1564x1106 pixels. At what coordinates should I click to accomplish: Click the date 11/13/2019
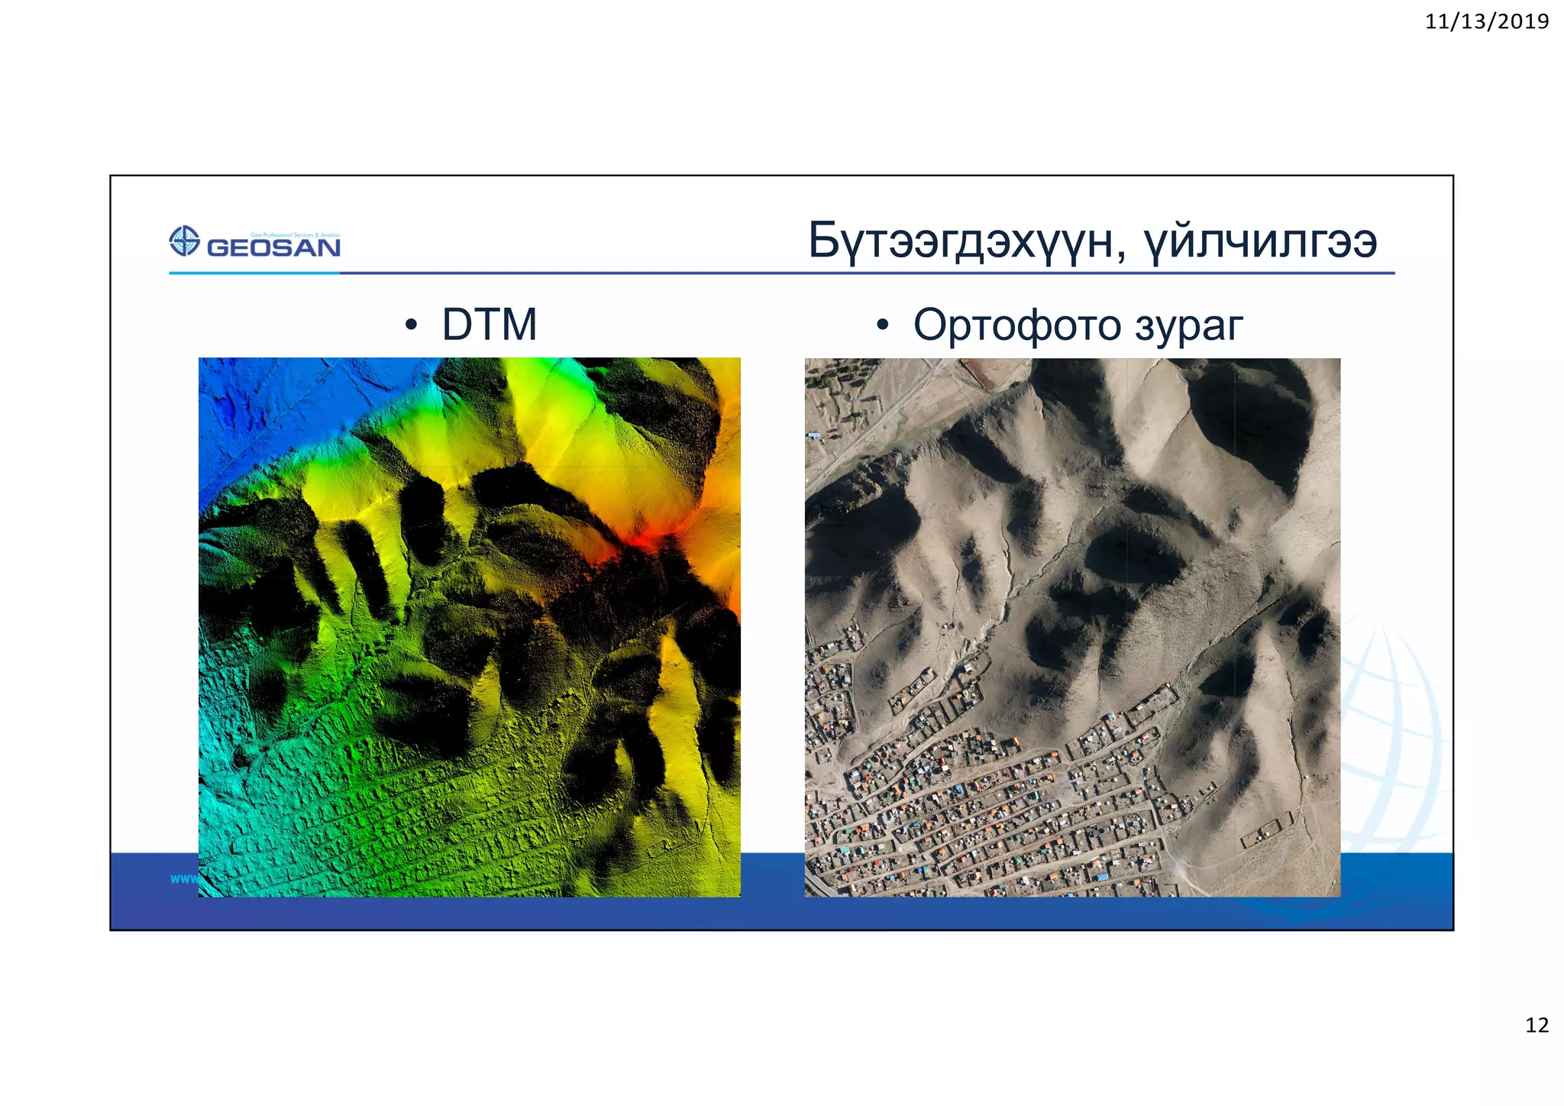point(1486,21)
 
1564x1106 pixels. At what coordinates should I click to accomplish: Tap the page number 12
point(1537,1025)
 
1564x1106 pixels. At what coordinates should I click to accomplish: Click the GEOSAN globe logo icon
point(184,241)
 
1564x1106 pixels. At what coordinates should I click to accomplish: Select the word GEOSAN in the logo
point(273,247)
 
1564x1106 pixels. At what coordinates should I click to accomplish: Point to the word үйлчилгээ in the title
point(1261,241)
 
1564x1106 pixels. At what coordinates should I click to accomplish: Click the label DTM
point(490,325)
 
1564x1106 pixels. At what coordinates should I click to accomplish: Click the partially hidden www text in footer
point(183,879)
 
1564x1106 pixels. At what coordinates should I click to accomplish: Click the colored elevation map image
point(469,626)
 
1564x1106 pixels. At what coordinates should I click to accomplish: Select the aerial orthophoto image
point(1072,626)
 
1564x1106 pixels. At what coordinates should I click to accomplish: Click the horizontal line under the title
point(840,273)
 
